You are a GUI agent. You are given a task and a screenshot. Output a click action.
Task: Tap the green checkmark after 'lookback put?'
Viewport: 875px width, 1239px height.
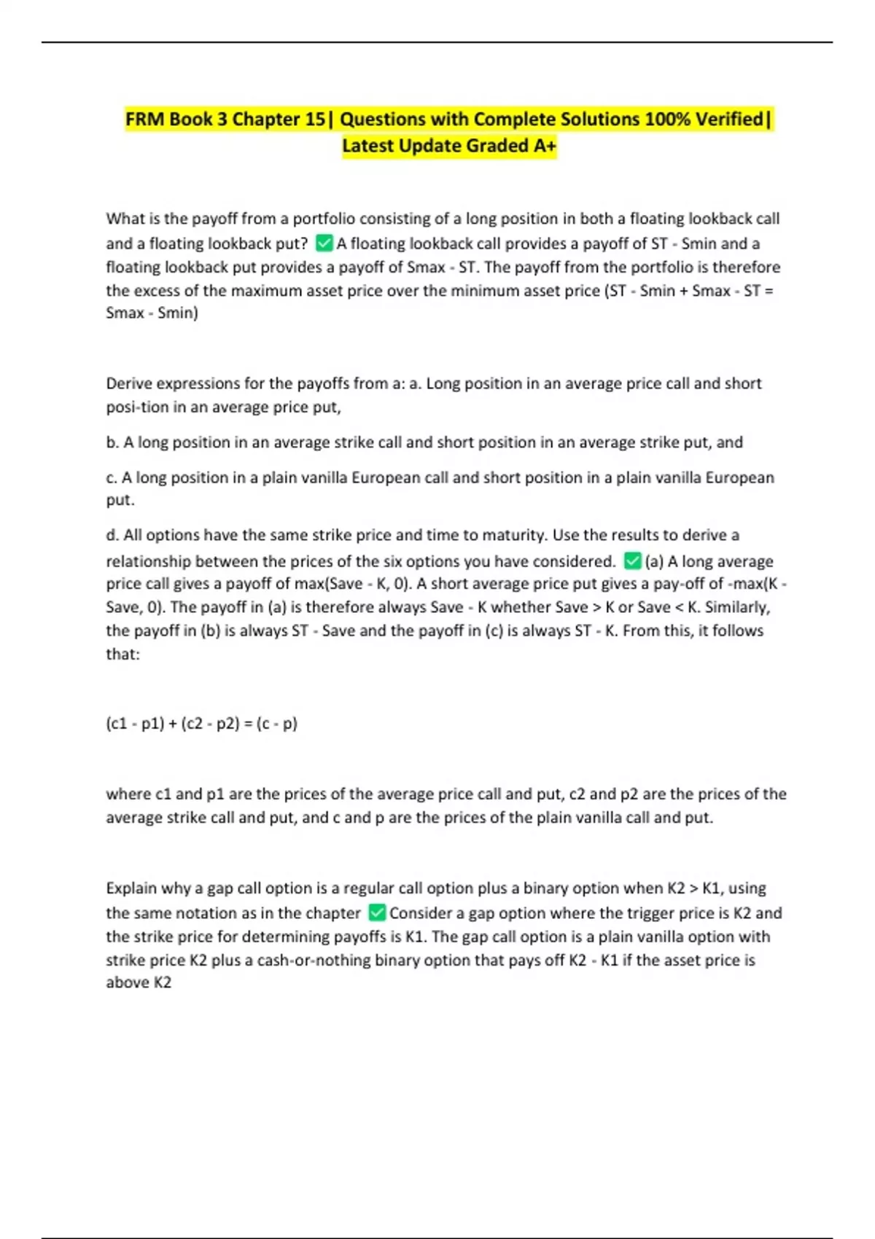(324, 243)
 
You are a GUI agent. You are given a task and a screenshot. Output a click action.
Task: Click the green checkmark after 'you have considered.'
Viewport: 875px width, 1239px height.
(632, 560)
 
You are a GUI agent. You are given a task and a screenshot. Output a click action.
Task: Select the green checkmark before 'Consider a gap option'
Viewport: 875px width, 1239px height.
(376, 912)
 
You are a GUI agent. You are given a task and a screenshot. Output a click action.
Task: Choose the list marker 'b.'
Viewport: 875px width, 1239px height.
(112, 442)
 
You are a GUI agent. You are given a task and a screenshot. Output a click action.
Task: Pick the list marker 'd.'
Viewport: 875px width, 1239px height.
(112, 535)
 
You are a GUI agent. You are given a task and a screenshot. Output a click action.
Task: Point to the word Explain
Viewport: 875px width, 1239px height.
(131, 888)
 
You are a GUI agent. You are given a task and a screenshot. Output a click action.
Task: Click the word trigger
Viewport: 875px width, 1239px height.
(649, 913)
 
